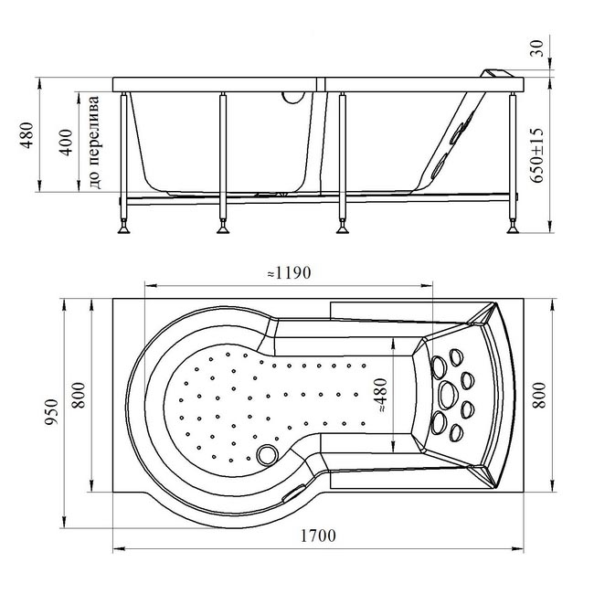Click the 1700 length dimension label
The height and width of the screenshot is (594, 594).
click(318, 536)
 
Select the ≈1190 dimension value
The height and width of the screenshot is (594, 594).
click(289, 272)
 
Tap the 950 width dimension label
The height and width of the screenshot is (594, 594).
click(51, 412)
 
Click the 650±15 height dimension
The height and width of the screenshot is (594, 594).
click(536, 155)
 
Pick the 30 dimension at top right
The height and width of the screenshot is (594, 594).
click(536, 48)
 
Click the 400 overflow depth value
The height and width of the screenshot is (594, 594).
click(66, 143)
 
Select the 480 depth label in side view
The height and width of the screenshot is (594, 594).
click(27, 135)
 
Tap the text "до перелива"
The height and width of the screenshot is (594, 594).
click(94, 143)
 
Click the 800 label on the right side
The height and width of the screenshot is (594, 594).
click(539, 395)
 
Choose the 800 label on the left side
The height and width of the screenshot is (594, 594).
click(80, 395)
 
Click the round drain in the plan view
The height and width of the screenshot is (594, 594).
click(267, 455)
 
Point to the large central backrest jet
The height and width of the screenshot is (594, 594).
click(449, 395)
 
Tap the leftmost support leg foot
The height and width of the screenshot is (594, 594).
click(124, 228)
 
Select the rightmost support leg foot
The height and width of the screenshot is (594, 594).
click(513, 228)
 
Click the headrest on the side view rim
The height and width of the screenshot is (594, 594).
click(497, 73)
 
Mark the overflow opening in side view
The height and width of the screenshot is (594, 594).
click(293, 98)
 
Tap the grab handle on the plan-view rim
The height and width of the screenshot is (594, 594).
click(294, 493)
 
